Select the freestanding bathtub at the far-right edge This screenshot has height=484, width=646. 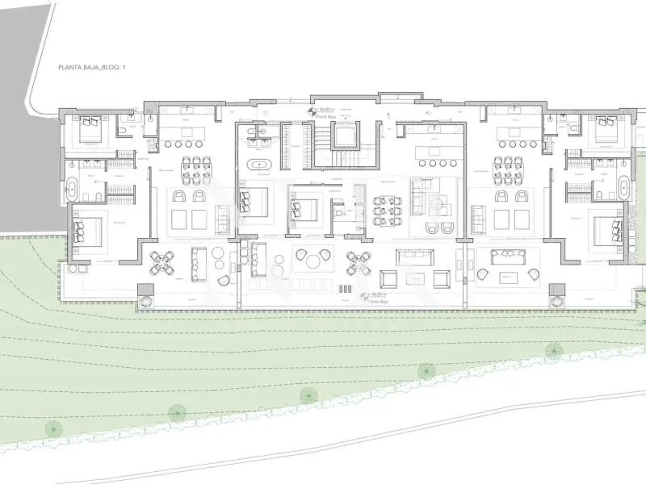[x=623, y=189]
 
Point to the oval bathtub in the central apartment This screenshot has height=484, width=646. [x=259, y=166]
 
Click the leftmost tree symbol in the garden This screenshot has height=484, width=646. [x=174, y=413]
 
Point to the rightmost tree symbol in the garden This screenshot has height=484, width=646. [x=554, y=349]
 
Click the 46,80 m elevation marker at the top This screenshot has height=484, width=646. [x=325, y=110]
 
